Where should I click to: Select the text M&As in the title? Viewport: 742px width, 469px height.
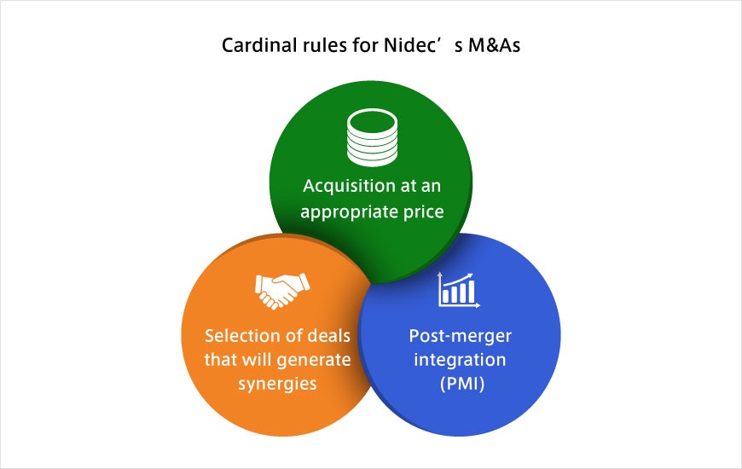tap(494, 45)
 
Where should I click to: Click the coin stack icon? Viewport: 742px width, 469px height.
tap(372, 137)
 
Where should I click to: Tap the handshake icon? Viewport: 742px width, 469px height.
tap(282, 290)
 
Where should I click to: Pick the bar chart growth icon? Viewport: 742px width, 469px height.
tap(459, 290)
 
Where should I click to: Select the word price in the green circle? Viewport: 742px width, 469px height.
tap(424, 212)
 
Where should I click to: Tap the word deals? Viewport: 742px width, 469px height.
tap(328, 335)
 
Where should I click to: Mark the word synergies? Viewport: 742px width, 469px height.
tap(277, 385)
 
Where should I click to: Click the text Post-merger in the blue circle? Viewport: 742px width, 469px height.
tap(460, 336)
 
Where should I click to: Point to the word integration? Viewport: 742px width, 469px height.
tap(460, 360)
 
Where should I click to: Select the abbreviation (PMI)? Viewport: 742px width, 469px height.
tap(462, 384)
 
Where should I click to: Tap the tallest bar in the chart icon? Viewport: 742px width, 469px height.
tap(471, 292)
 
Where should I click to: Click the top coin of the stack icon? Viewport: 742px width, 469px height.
tap(372, 122)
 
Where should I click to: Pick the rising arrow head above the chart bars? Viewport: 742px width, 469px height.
tap(469, 275)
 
